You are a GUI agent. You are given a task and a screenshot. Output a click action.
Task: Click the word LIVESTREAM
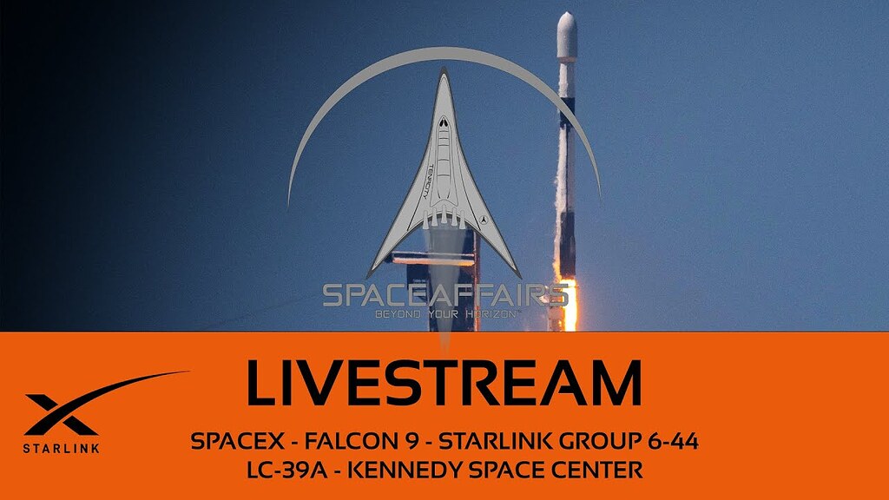[x=444, y=383]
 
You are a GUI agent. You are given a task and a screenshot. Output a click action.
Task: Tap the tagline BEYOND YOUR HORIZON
[x=444, y=312]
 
